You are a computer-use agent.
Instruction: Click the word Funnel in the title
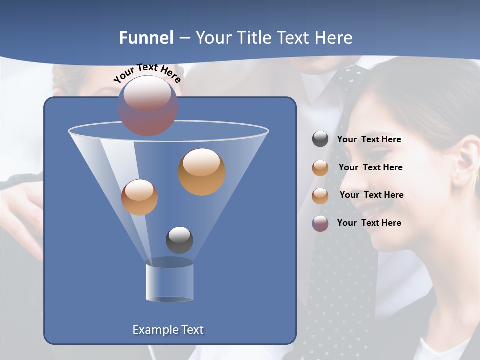point(146,38)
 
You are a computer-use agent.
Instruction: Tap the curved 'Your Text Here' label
point(147,74)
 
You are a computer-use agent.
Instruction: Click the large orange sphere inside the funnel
point(202,171)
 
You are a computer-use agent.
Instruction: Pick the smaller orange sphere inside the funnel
point(139,197)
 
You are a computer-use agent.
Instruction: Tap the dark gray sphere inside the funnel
point(179,240)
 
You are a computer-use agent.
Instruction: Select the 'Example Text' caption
point(168,330)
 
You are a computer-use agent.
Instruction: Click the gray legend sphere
point(320,139)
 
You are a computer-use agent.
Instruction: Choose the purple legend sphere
point(320,223)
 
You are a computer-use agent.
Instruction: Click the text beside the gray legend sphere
point(369,140)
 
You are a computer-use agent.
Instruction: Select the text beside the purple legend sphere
point(369,223)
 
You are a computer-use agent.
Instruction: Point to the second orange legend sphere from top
point(320,196)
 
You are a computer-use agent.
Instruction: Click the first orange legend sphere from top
point(320,168)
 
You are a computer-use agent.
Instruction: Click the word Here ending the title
point(334,38)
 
